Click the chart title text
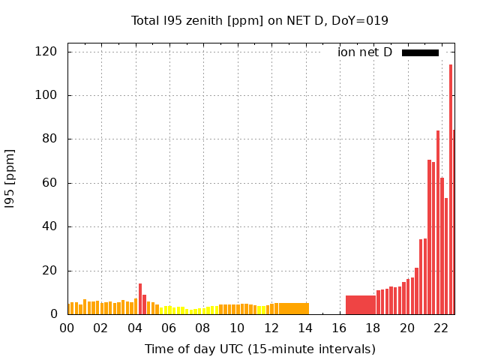tap(259, 20)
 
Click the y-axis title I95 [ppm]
tap(10, 178)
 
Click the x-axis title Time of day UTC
tap(259, 349)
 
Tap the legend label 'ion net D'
tap(364, 52)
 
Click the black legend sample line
tap(420, 52)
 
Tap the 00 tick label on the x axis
tap(67, 328)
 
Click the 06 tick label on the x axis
tap(169, 328)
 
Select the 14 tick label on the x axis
tap(305, 328)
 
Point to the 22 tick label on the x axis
tap(441, 328)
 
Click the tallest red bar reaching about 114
tap(451, 187)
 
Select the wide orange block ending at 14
tap(292, 308)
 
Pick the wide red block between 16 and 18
tap(361, 304)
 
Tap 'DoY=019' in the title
tap(361, 20)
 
